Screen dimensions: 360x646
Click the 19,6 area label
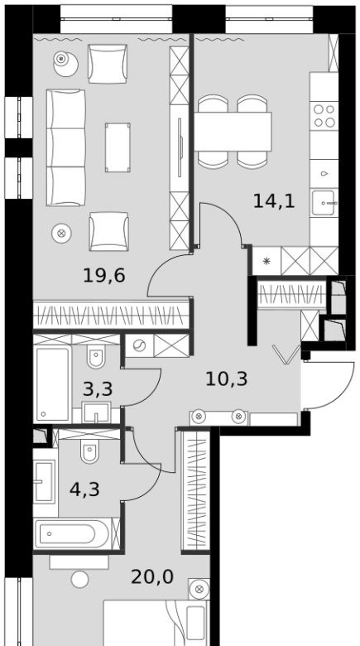click(103, 275)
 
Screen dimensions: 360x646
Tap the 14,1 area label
click(274, 201)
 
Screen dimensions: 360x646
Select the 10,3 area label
click(226, 378)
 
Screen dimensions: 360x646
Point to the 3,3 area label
click(98, 388)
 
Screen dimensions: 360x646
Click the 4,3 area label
click(85, 489)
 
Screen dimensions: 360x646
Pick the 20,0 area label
click(152, 576)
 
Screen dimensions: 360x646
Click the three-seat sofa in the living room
click(66, 147)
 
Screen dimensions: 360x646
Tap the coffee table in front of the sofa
click(118, 147)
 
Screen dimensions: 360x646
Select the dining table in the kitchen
click(233, 132)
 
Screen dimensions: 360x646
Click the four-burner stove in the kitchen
click(324, 116)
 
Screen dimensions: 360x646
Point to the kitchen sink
click(324, 203)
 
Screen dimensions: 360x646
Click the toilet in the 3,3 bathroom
click(96, 356)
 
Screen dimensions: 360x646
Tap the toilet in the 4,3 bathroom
click(89, 451)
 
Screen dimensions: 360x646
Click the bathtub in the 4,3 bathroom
click(73, 534)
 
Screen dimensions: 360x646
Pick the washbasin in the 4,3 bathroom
click(44, 481)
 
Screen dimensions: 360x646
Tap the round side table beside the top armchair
click(65, 65)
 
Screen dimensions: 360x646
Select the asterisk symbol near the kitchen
click(266, 261)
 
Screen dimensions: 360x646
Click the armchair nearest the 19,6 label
click(108, 231)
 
